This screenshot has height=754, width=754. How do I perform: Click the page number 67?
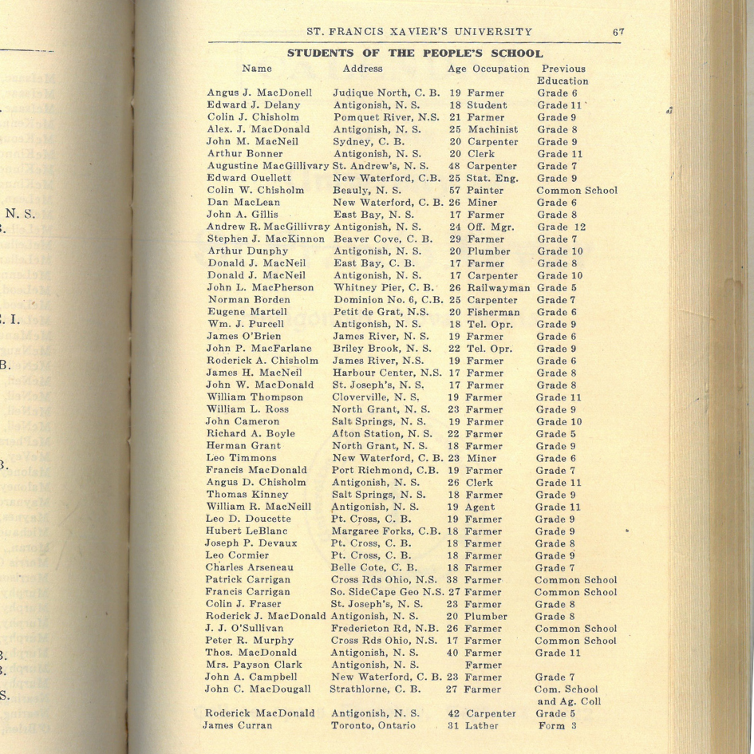[x=618, y=33]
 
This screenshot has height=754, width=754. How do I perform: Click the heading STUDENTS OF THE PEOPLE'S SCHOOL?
[x=414, y=54]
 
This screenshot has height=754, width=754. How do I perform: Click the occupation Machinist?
[x=492, y=129]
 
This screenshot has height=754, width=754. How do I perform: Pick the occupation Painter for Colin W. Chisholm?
[x=486, y=191]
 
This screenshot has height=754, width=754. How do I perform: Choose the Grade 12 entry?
[x=562, y=227]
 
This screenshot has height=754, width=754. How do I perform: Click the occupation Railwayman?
[x=499, y=288]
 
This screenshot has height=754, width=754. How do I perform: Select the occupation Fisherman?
[x=493, y=313]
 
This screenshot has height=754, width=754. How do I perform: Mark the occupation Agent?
[x=483, y=507]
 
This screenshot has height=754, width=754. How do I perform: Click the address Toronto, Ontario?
[x=373, y=725]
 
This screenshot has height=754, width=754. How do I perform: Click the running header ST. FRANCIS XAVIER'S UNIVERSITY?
[x=420, y=33]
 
